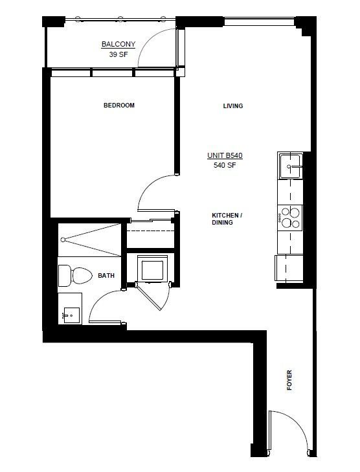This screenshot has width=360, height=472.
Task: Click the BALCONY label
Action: coord(118,44)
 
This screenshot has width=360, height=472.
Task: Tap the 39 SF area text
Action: coord(118,54)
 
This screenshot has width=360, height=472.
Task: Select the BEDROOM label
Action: coord(119,106)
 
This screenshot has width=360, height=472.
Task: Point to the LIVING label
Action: coord(233,106)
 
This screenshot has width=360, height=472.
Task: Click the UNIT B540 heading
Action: coord(225,155)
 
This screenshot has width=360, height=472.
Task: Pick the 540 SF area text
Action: coord(225,165)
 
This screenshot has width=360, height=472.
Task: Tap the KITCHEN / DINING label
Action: coord(227,219)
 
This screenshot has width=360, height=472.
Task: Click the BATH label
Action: coord(106,275)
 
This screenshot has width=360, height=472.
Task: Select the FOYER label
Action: coord(289,380)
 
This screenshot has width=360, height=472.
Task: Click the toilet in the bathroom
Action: coord(75,275)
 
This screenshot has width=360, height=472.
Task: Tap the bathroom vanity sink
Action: coord(72,315)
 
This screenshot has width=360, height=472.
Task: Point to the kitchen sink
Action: coord(290,166)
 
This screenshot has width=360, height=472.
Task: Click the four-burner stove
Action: coord(290,218)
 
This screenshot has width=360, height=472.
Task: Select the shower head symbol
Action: coord(63,240)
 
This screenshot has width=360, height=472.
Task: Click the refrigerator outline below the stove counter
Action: coord(289,267)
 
